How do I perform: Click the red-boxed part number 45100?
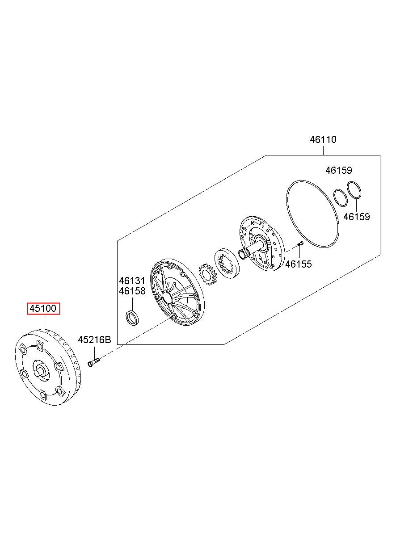[x=44, y=309]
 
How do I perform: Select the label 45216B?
[x=94, y=340]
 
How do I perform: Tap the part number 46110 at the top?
[x=323, y=139]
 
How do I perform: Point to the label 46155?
[x=299, y=264]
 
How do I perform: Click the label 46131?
[x=132, y=281]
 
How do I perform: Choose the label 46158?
[x=132, y=291]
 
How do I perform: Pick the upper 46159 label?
[x=338, y=170]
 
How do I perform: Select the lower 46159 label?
[x=357, y=217]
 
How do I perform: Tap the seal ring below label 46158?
[x=132, y=318]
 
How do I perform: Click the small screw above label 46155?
[x=300, y=244]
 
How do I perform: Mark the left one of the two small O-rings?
[x=341, y=196]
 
